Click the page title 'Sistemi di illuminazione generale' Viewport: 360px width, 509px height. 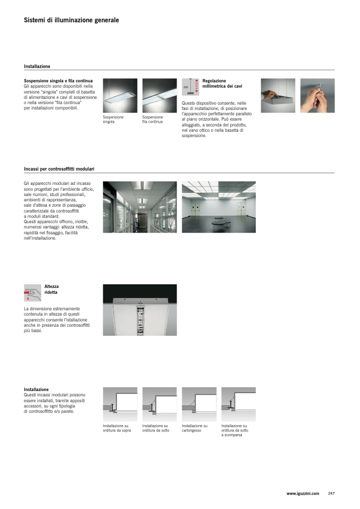(71, 20)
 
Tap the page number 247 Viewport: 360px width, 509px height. (331, 493)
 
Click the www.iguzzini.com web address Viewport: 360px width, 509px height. (303, 494)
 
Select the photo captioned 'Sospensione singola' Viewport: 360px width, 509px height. (120, 96)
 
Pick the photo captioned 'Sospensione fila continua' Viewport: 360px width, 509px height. (160, 96)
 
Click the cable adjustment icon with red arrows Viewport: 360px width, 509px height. (190, 87)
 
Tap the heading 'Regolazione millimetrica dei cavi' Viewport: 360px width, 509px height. (222, 83)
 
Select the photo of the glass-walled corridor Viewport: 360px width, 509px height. (140, 207)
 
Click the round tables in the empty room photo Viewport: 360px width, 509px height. (221, 223)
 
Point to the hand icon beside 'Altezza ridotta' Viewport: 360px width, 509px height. (32, 293)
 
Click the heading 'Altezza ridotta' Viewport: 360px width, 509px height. (52, 289)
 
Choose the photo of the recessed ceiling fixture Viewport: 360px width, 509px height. (140, 310)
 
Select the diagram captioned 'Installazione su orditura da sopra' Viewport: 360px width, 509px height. (120, 404)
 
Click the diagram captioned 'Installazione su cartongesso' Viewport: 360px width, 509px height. (199, 404)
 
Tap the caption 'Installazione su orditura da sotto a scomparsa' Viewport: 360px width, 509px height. (235, 430)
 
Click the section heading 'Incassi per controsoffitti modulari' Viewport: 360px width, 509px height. (59, 169)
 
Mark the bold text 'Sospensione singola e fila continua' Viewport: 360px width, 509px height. (58, 81)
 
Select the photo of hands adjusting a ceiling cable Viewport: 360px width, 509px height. (317, 96)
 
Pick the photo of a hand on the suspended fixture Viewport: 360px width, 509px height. (278, 96)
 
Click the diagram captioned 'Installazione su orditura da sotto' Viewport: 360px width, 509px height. (160, 404)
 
